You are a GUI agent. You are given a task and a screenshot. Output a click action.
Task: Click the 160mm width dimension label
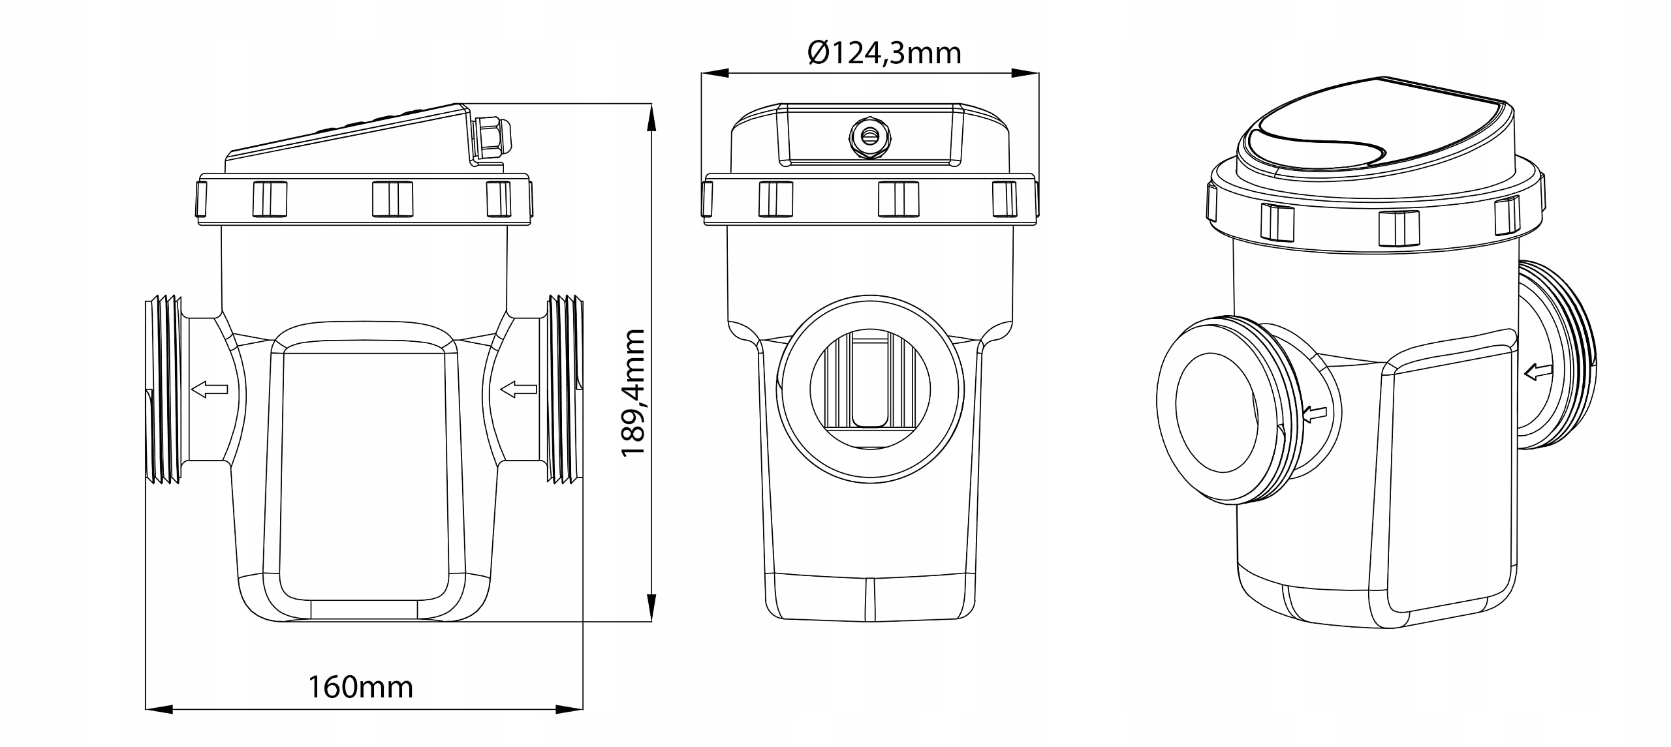pos(360,688)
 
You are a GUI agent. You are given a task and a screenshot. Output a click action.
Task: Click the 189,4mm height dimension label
pos(632,393)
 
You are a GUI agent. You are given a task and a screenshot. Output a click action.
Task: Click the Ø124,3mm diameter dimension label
pos(884,53)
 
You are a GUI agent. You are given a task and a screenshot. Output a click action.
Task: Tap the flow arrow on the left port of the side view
pos(210,389)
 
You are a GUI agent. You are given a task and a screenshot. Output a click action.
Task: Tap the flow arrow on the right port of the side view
pos(519,389)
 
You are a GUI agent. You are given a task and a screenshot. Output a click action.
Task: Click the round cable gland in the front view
pos(869,136)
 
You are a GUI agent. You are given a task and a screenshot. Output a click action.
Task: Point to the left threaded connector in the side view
pos(163,389)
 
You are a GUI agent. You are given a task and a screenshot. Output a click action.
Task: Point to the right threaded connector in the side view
pos(564,389)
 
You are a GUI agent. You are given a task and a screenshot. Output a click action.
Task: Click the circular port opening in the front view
pos(870,389)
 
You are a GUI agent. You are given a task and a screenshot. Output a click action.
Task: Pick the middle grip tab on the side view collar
pos(392,199)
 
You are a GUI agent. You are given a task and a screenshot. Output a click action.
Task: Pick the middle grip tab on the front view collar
pos(898,199)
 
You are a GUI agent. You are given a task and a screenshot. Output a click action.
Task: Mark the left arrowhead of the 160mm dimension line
pos(158,709)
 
